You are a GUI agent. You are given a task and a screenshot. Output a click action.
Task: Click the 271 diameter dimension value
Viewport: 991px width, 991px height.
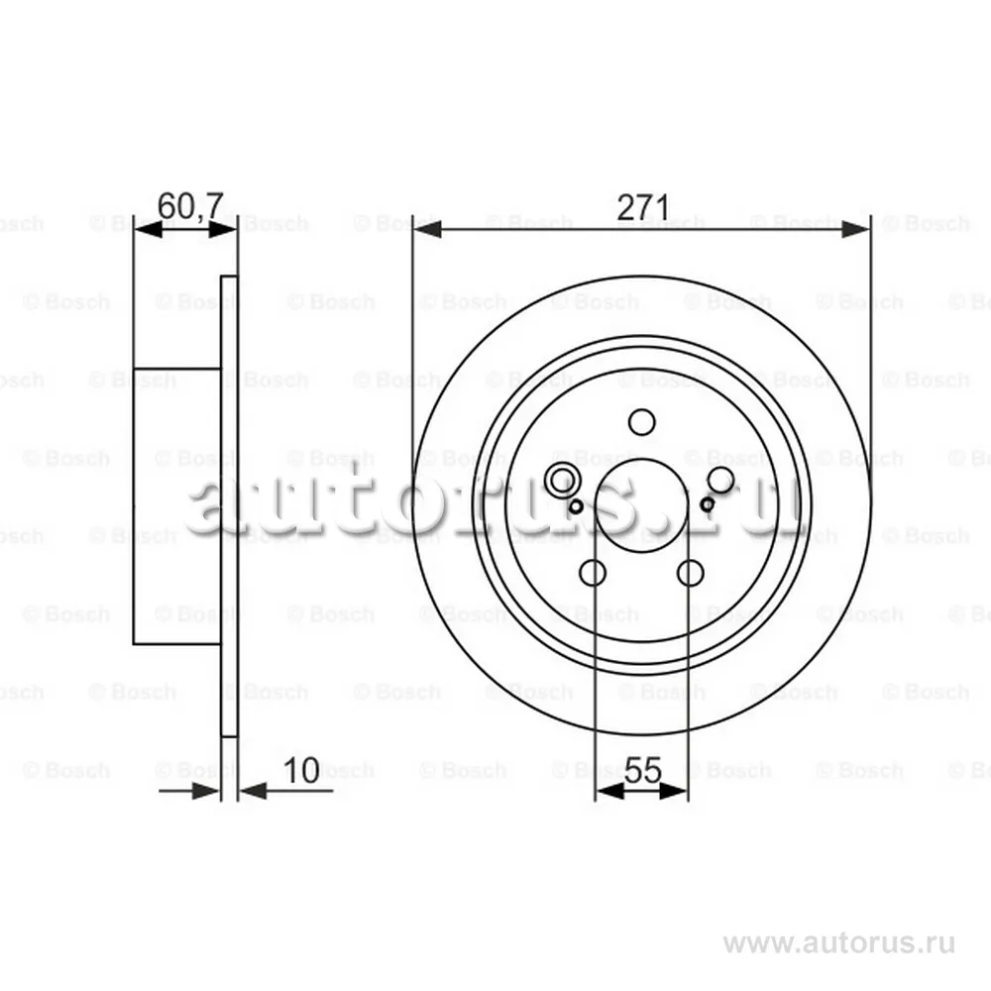[642, 207]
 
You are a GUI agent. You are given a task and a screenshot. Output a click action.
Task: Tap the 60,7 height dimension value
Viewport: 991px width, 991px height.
[190, 206]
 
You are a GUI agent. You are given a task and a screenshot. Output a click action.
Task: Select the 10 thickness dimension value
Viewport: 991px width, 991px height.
[301, 770]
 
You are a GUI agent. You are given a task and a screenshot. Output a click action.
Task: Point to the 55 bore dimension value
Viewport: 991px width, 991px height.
[642, 770]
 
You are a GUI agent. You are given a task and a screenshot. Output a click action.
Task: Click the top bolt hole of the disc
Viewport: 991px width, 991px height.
[641, 422]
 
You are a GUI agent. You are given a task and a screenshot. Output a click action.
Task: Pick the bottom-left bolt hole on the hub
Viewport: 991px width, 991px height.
[593, 573]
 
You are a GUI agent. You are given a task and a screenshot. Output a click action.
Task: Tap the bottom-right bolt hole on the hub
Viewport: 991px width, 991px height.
[690, 573]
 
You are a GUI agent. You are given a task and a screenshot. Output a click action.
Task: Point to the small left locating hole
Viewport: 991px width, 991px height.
[576, 506]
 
